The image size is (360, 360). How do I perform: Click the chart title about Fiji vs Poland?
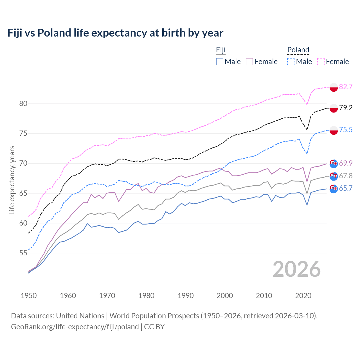[115, 33]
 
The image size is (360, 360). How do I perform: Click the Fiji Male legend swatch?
[220, 62]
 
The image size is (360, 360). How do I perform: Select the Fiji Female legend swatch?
[249, 62]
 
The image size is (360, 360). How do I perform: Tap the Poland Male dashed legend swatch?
[291, 62]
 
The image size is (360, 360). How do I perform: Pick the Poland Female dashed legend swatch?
[321, 62]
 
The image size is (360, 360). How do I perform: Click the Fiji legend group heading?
[221, 50]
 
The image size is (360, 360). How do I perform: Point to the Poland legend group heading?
[298, 50]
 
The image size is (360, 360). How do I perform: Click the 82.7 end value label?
[346, 87]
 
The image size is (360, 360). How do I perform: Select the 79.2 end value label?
[346, 108]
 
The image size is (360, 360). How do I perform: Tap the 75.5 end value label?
[346, 130]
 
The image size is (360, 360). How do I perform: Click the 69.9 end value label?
[346, 163]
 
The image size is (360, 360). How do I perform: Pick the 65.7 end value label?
[346, 188]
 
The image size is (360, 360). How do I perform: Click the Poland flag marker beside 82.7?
[334, 87]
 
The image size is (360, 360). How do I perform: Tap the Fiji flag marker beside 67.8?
[334, 176]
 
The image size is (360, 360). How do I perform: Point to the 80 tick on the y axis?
[23, 103]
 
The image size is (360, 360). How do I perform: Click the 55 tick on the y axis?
[23, 253]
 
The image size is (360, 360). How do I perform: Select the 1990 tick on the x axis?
[186, 296]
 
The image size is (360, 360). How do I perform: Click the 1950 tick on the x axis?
[29, 296]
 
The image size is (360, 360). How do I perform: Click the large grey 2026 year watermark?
[297, 269]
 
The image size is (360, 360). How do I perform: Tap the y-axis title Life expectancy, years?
[12, 180]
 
